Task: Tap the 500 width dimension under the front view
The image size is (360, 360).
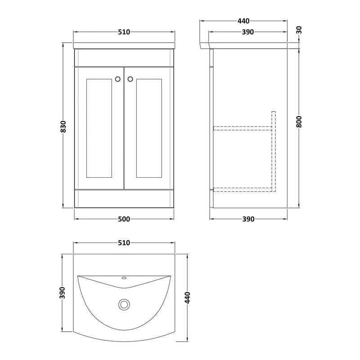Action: (124, 219)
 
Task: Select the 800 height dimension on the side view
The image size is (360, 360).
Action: (299, 121)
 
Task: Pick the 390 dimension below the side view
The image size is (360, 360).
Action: (248, 219)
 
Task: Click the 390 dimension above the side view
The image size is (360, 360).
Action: (248, 32)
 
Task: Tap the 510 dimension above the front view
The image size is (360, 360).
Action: (124, 32)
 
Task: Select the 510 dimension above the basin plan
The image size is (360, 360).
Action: (124, 243)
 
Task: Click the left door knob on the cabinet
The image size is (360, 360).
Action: (118, 79)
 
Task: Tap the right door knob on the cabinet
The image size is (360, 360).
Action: (130, 79)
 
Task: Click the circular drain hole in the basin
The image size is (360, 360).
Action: (124, 305)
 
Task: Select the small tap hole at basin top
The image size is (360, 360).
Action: (124, 279)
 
